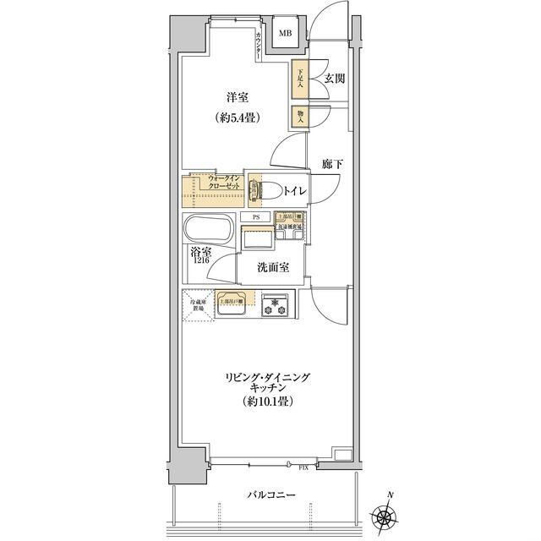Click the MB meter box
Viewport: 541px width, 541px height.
tap(287, 35)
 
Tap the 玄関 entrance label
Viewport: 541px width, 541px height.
tap(333, 79)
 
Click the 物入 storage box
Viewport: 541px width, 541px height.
tap(298, 116)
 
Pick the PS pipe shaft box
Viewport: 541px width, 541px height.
tap(254, 217)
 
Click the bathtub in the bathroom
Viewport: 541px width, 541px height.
tap(210, 230)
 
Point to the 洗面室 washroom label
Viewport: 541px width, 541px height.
tap(274, 267)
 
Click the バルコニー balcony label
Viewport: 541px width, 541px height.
tap(270, 497)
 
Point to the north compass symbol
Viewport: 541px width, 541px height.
tap(388, 515)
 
